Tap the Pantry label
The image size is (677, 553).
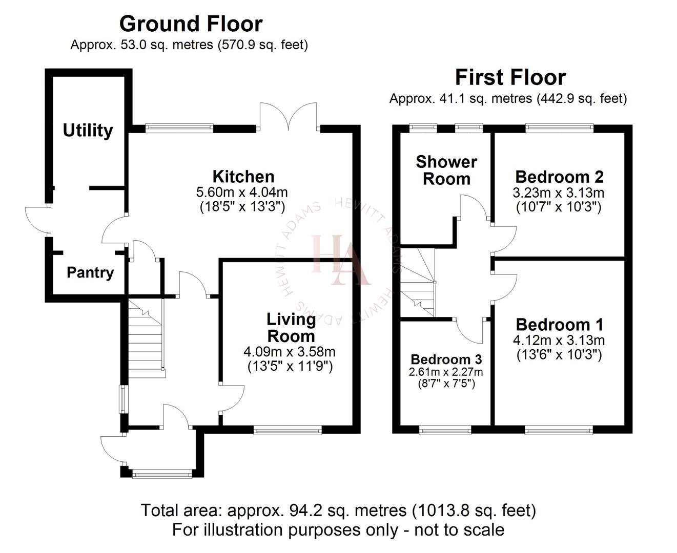tap(90, 272)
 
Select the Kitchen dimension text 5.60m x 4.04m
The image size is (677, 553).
tap(242, 193)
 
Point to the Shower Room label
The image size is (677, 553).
tap(446, 170)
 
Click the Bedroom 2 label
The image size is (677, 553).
tap(559, 177)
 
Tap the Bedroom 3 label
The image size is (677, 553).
tap(446, 359)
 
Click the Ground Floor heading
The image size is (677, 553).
tap(191, 24)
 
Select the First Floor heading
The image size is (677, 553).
tap(510, 77)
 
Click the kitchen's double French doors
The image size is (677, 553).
tap(289, 117)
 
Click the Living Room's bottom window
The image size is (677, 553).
tap(288, 431)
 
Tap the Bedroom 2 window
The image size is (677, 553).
tap(559, 127)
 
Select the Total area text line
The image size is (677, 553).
tap(338, 510)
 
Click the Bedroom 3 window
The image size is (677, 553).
tap(445, 431)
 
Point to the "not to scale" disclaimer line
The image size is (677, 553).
tap(338, 529)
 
